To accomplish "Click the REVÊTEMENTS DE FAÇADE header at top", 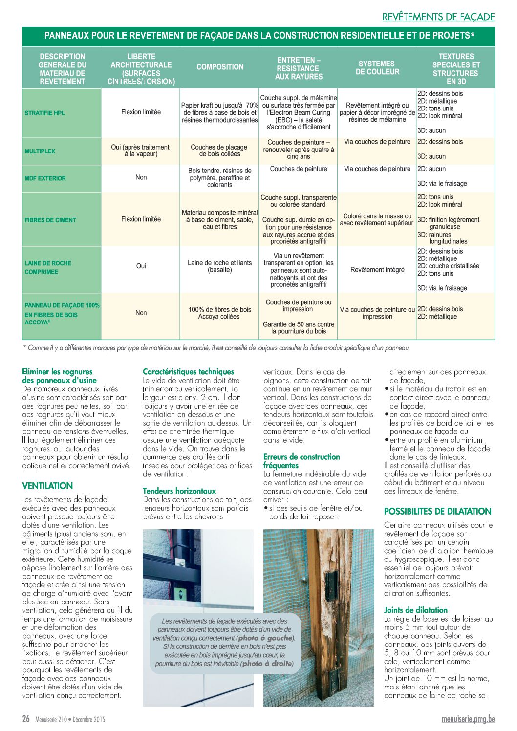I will click(x=438, y=17).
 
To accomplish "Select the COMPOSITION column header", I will click(x=220, y=67).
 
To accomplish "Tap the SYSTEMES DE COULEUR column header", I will click(x=377, y=68).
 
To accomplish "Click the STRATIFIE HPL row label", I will click(x=44, y=113).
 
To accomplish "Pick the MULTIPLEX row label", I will click(x=40, y=151).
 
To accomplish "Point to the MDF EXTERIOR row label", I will click(x=45, y=178).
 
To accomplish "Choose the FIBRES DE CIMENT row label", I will click(x=50, y=220).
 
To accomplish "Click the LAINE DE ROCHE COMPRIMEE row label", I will click(x=48, y=267).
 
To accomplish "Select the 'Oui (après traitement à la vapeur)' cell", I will click(x=140, y=150).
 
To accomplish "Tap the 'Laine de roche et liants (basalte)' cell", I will click(x=219, y=266).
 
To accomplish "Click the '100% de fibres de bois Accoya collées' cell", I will click(x=219, y=313).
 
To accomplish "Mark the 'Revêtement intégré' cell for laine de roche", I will click(x=377, y=270).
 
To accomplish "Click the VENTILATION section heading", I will click(x=47, y=486).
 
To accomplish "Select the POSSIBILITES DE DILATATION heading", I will click(x=437, y=512).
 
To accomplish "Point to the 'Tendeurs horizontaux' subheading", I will click(x=179, y=491).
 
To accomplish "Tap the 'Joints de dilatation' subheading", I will click(x=415, y=610).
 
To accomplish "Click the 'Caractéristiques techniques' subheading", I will click(x=188, y=372).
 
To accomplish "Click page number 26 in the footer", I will click(x=26, y=719).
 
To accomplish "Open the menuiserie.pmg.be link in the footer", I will click(x=468, y=719).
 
